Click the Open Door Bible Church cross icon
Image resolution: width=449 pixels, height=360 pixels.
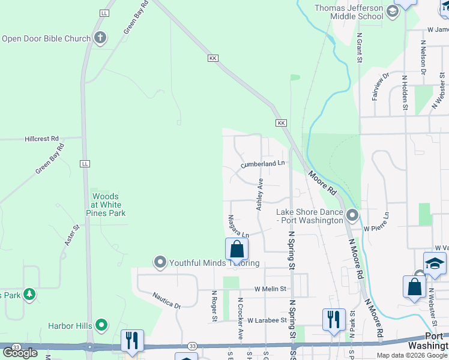100,38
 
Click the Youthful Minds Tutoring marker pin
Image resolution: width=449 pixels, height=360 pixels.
160,262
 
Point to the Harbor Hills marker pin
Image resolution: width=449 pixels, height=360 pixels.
101,326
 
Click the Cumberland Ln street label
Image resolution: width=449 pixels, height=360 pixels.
262,164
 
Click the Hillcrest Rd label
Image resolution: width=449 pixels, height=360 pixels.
41,138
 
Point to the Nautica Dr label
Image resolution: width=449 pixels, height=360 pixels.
166,299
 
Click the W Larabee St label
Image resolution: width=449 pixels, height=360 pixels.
267,320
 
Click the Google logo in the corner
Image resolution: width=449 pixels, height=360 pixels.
20,352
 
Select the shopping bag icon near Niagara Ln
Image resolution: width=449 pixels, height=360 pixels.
237,250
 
